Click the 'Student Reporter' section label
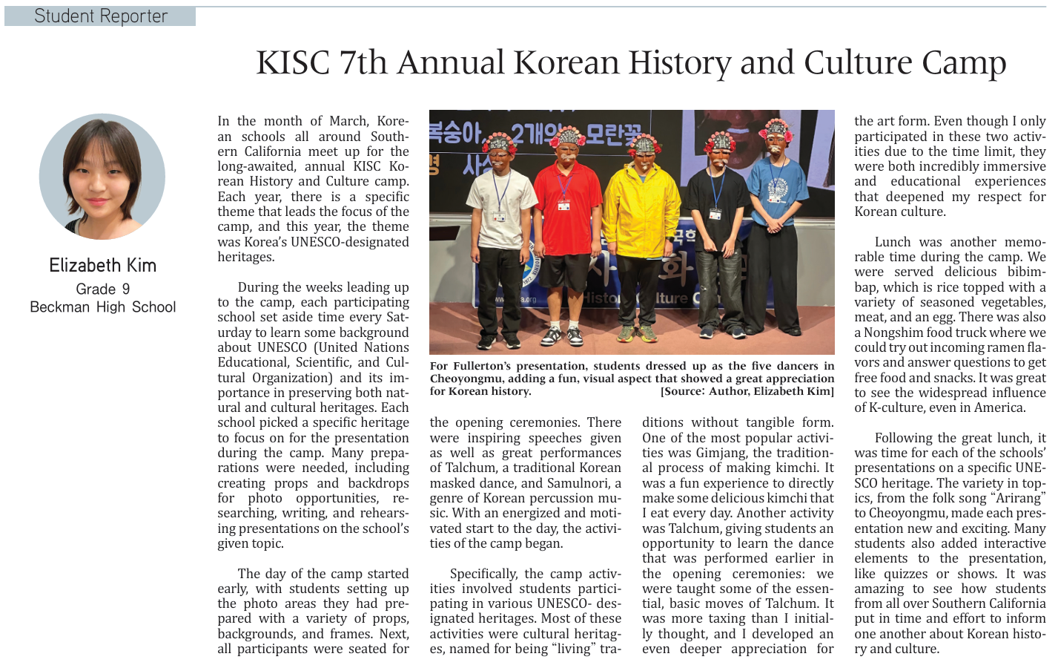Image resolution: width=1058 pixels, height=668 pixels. [x=101, y=16]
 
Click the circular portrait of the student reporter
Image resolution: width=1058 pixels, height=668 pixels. [x=102, y=177]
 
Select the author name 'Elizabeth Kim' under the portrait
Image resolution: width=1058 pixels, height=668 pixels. [x=102, y=265]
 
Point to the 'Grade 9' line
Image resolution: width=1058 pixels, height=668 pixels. [x=102, y=289]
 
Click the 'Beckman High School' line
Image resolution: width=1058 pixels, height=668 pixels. [x=102, y=307]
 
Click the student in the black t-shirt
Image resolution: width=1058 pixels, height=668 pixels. [x=716, y=238]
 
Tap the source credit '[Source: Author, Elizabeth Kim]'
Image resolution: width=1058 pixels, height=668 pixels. [x=747, y=391]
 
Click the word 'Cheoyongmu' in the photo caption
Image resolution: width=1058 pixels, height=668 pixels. [x=463, y=379]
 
